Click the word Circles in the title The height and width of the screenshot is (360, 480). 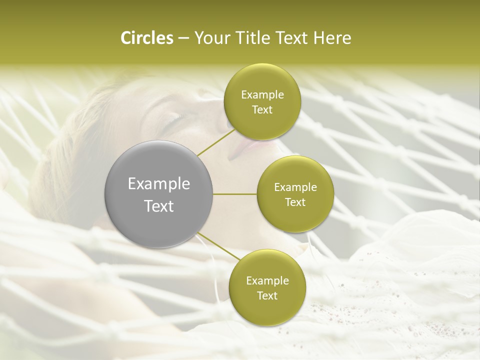click(x=146, y=38)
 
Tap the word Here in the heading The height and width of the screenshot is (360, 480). click(x=332, y=38)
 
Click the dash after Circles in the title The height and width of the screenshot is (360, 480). click(x=183, y=38)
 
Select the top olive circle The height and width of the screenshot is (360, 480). click(x=262, y=101)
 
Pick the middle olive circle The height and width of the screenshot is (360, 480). click(x=295, y=194)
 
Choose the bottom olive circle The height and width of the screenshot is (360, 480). click(x=267, y=287)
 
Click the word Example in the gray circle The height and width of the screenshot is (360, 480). click(x=159, y=184)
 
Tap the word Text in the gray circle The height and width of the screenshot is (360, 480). click(x=159, y=205)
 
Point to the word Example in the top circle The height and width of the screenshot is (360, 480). click(x=262, y=95)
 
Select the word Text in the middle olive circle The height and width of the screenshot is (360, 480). click(x=295, y=202)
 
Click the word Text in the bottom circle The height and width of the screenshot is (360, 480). click(x=267, y=295)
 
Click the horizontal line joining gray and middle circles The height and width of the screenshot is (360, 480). click(x=235, y=194)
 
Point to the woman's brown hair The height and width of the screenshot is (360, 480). click(x=75, y=135)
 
